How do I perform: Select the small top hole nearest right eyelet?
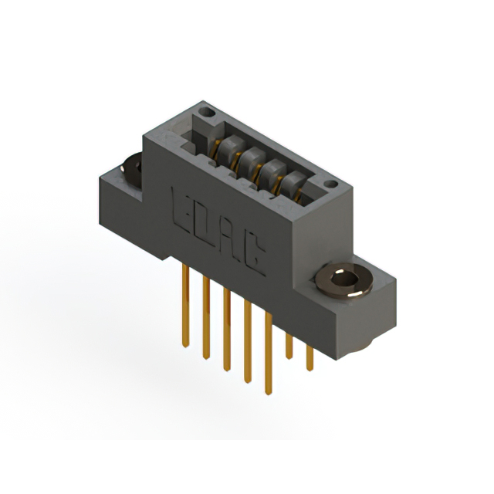coord(330,184)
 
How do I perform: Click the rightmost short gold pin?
coord(310,354)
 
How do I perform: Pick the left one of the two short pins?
coord(289,343)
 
